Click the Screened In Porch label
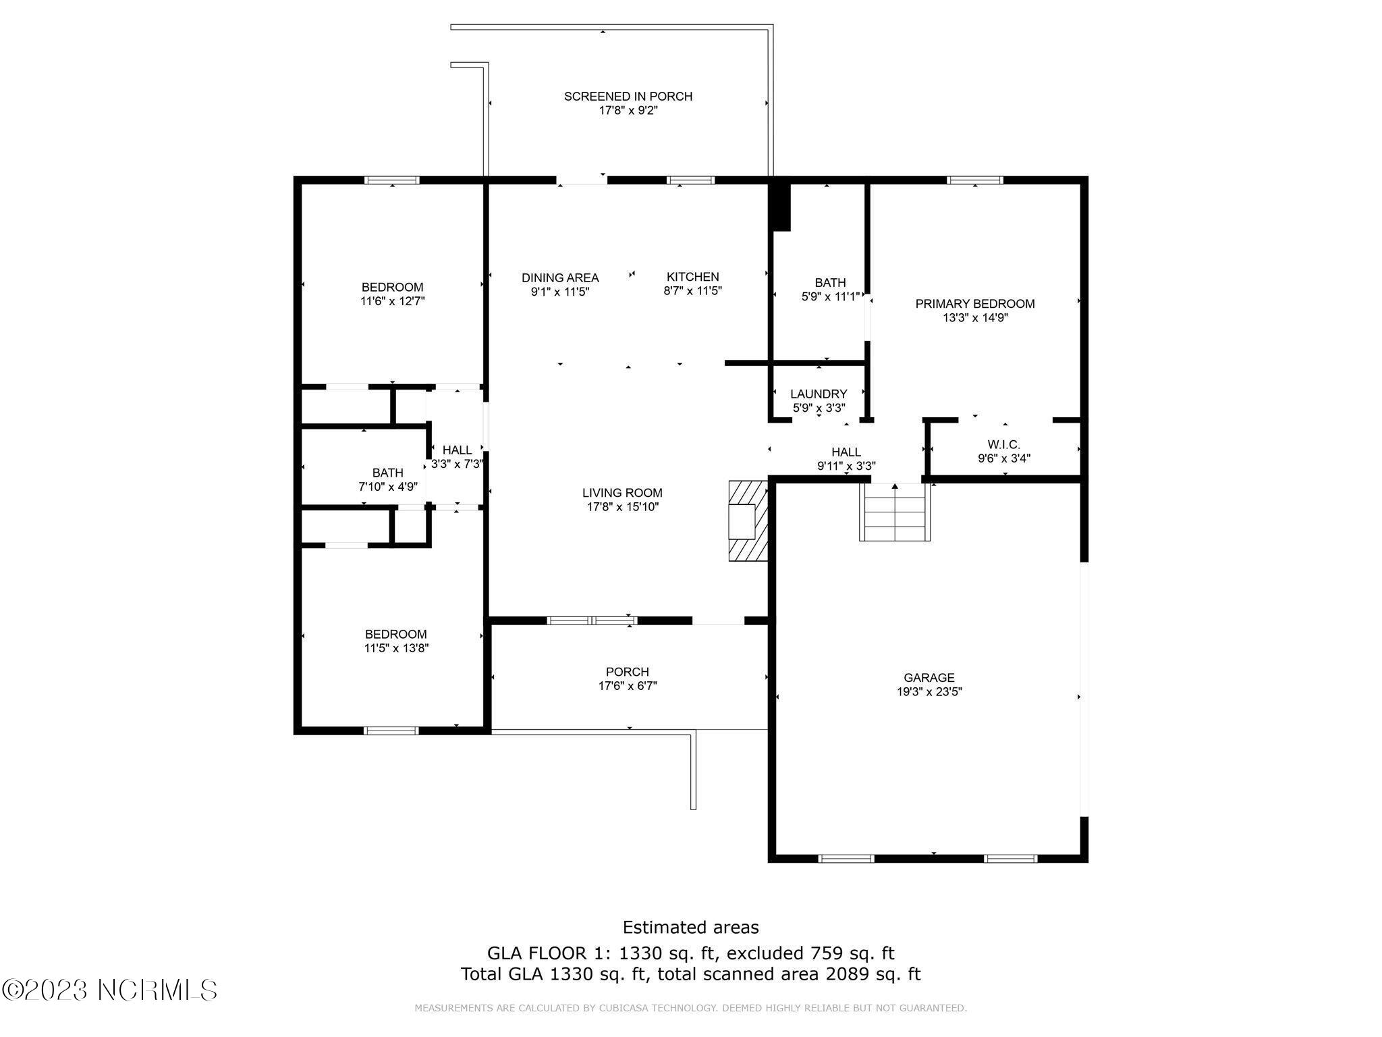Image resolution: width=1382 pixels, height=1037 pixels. [x=628, y=97]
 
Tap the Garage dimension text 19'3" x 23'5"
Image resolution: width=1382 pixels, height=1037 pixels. [x=929, y=691]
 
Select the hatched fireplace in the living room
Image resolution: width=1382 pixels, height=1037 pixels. [x=748, y=521]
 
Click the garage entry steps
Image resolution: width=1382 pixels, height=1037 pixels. [x=895, y=512]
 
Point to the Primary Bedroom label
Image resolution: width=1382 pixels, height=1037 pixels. [x=975, y=304]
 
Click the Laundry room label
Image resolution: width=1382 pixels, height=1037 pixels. [x=819, y=394]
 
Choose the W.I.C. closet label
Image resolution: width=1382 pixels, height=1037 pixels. [x=1004, y=444]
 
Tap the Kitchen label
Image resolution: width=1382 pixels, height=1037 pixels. [x=693, y=277]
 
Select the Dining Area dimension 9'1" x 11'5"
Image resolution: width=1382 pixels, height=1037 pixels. [x=560, y=292]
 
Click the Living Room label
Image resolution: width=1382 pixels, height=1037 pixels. [x=623, y=493]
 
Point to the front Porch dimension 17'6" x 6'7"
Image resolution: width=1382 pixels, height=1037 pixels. [x=628, y=686]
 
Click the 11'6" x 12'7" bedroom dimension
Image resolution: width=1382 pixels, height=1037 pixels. [x=393, y=301]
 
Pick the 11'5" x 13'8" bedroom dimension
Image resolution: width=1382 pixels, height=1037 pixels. [x=396, y=648]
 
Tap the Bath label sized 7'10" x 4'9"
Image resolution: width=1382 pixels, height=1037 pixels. [x=388, y=473]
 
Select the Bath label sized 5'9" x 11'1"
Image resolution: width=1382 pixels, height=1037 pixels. [x=830, y=282]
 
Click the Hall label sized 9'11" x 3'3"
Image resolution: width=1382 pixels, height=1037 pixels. [x=846, y=452]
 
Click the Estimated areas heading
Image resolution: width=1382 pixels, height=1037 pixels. [x=690, y=927]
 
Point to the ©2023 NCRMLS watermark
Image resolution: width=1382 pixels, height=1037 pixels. [x=109, y=990]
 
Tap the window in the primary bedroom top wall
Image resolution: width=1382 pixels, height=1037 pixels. [x=975, y=180]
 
